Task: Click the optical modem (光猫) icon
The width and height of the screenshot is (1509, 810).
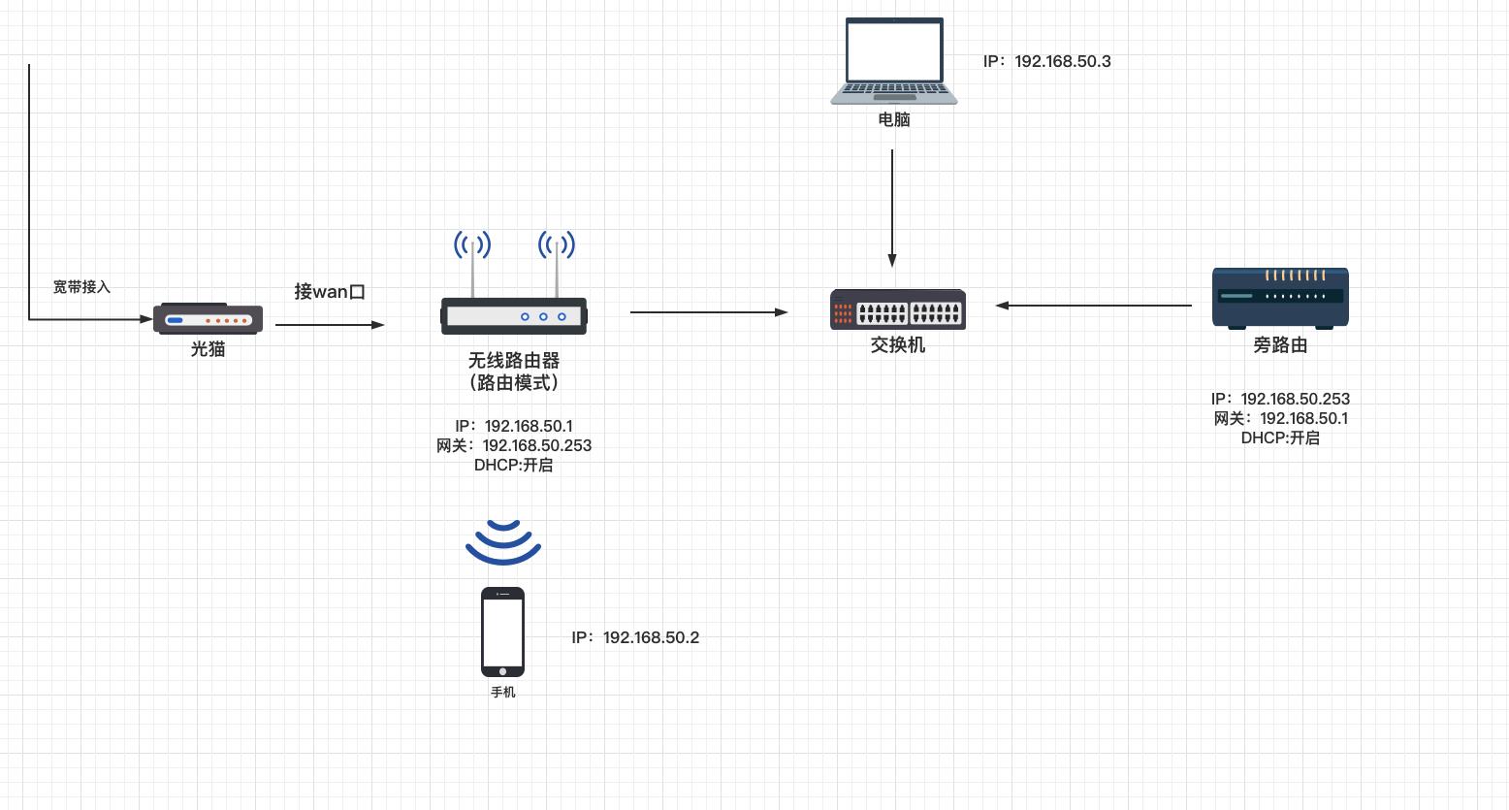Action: (x=208, y=318)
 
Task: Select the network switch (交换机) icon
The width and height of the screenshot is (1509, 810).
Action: (x=897, y=309)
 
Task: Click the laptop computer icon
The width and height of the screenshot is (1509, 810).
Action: (x=894, y=61)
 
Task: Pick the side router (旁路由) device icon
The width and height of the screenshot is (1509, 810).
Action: (x=1280, y=297)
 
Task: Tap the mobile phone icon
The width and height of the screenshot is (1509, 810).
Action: (x=502, y=632)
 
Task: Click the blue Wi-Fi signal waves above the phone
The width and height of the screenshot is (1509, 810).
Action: (x=502, y=542)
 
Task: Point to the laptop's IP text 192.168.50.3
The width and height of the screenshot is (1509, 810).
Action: (x=1047, y=61)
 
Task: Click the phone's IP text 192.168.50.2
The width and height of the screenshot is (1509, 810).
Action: (x=635, y=637)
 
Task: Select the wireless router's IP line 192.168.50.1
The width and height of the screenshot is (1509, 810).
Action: (x=514, y=426)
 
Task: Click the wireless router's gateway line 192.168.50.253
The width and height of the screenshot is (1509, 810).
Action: (x=514, y=445)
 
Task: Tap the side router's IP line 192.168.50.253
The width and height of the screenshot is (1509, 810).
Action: (x=1280, y=399)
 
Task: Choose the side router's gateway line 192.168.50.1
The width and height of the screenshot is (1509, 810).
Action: (x=1280, y=418)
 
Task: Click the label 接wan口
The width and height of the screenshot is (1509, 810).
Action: (x=330, y=291)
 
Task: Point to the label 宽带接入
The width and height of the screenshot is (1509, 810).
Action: (x=81, y=287)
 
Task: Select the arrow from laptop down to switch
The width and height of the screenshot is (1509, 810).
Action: (x=892, y=208)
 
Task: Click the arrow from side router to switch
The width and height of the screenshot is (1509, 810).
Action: (x=1094, y=306)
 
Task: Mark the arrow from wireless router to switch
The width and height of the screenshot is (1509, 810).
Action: (x=708, y=312)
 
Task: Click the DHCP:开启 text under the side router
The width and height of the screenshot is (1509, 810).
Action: (x=1280, y=437)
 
